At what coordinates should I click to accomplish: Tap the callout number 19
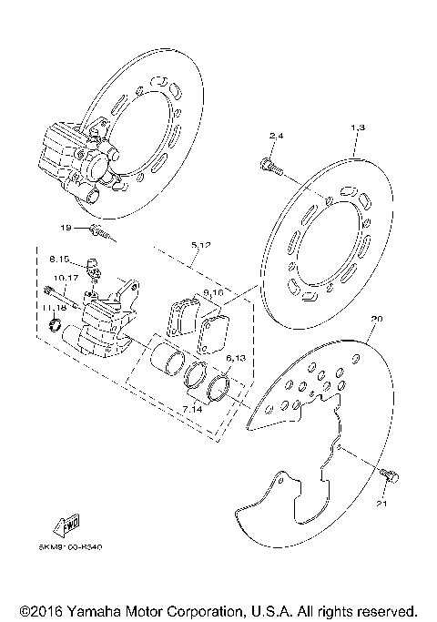[65, 228]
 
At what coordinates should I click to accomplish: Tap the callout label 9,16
[214, 293]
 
